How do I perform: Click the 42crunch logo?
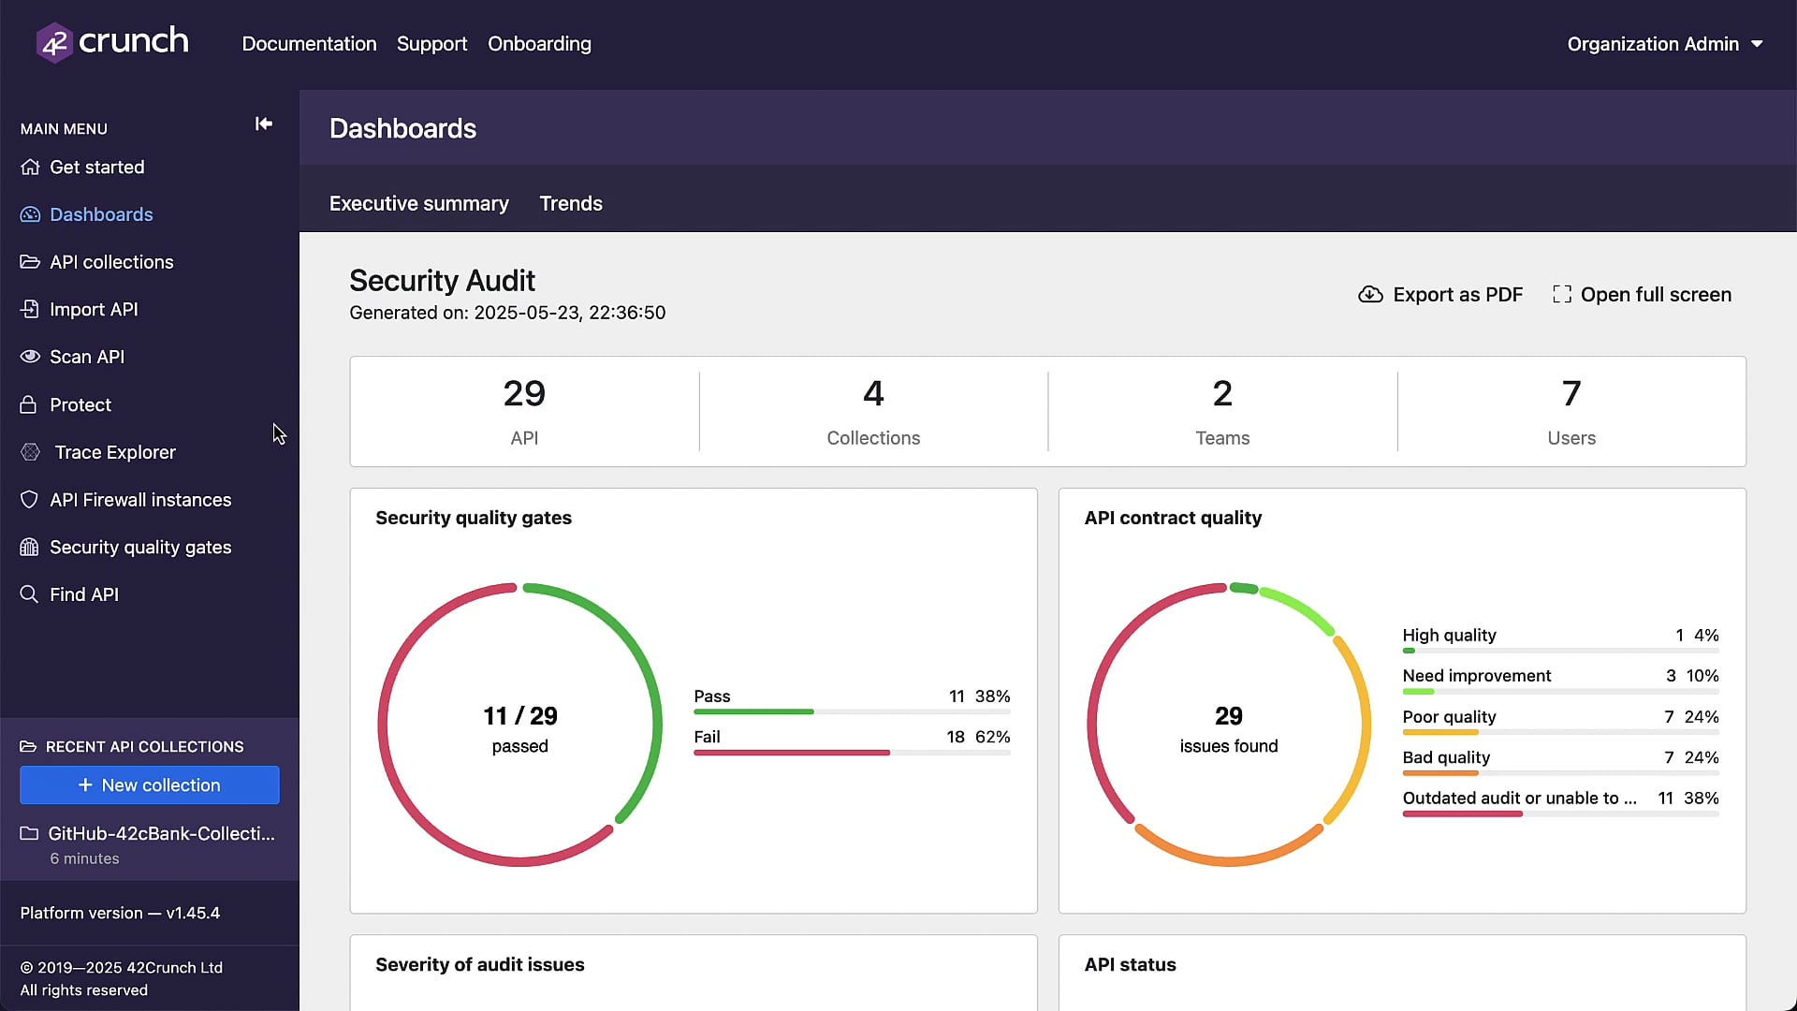[x=112, y=42]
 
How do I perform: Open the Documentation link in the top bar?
[x=309, y=44]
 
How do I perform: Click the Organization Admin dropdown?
[x=1664, y=44]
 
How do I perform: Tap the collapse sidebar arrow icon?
[x=264, y=124]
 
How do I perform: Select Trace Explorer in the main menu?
[x=114, y=452]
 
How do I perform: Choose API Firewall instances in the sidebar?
[x=139, y=500]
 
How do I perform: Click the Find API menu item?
[x=83, y=594]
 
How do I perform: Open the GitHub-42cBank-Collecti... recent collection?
[x=161, y=833]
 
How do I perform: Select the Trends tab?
[x=570, y=203]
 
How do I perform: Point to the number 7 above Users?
[x=1571, y=393]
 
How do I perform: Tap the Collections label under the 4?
[x=872, y=438]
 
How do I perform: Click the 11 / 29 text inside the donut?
[x=519, y=716]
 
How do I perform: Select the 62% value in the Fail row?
[x=992, y=737]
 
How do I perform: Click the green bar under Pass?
[x=753, y=711]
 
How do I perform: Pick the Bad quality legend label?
[x=1445, y=757]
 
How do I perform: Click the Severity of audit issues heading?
[x=479, y=964]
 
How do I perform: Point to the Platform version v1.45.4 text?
[x=120, y=913]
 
